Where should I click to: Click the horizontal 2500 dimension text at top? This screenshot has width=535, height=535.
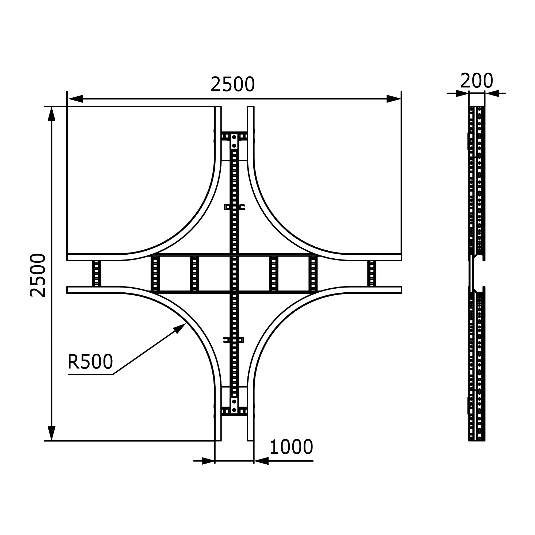click(233, 84)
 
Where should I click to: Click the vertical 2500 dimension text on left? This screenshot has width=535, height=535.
click(38, 275)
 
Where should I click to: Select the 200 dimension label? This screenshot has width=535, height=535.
click(477, 81)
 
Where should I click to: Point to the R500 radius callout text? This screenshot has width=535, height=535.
click(90, 362)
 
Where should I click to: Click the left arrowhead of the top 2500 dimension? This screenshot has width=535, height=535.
click(76, 99)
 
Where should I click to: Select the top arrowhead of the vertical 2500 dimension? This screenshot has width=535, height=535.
click(52, 114)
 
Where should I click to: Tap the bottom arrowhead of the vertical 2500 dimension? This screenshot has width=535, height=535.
click(52, 433)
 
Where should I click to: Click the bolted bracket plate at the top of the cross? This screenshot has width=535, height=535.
click(234, 141)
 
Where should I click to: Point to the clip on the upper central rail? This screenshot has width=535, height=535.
click(234, 207)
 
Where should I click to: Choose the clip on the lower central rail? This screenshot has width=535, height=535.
click(234, 340)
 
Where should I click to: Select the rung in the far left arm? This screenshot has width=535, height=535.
click(96, 273)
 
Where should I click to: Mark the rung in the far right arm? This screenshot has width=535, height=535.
click(372, 273)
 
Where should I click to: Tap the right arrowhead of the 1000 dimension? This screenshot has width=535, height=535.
click(261, 461)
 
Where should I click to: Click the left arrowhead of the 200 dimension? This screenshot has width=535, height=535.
click(463, 93)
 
